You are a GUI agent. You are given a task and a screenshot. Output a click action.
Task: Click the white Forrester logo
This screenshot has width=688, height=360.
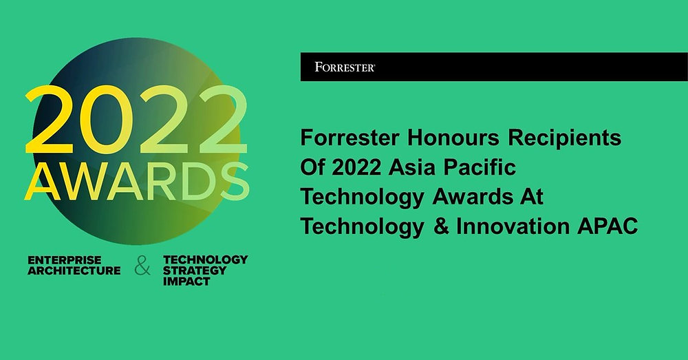tap(344, 67)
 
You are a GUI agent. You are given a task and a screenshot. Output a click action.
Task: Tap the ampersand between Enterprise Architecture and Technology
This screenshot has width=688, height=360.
tap(142, 267)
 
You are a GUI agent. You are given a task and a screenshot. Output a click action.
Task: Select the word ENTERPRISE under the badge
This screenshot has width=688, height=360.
tap(65, 260)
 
